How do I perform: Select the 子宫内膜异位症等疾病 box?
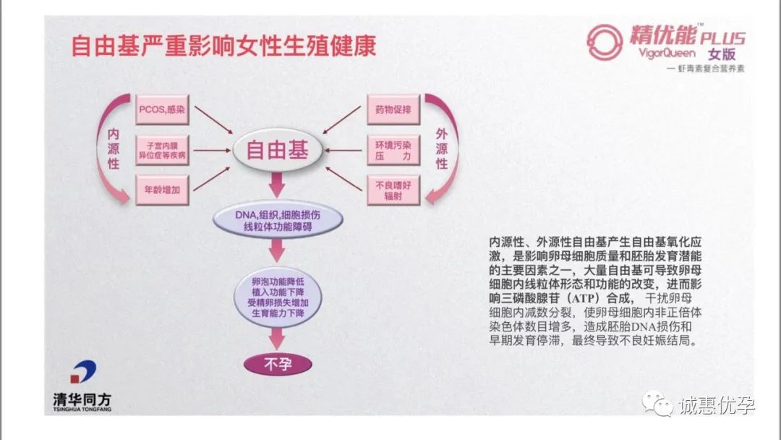tap(161, 151)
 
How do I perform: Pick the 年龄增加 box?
tap(161, 190)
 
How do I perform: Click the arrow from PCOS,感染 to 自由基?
tap(213, 120)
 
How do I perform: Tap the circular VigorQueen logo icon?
tap(605, 42)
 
